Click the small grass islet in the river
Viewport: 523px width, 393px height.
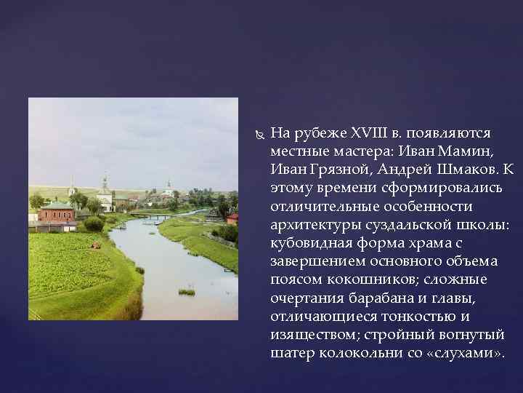click(187, 292)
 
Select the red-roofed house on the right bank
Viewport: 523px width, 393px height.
click(232, 218)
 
